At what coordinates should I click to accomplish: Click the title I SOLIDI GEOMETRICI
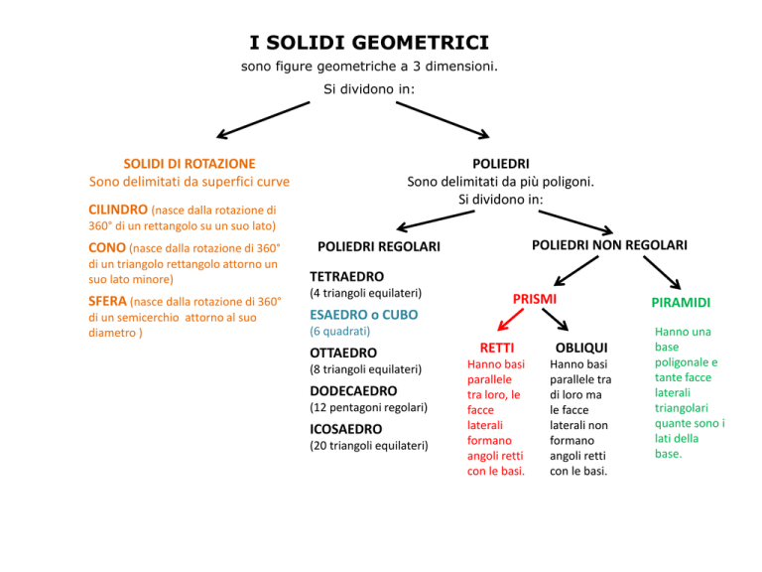click(x=369, y=43)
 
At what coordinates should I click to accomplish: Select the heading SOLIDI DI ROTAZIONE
click(x=190, y=164)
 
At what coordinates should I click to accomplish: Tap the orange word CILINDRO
click(x=118, y=210)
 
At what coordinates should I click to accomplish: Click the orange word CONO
click(x=107, y=247)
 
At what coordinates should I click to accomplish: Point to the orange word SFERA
click(x=107, y=301)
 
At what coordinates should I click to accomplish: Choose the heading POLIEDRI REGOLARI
click(x=379, y=246)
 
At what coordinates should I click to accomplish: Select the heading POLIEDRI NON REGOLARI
click(x=609, y=245)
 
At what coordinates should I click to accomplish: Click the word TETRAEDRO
click(x=347, y=277)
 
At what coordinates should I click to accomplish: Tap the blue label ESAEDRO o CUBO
click(x=364, y=315)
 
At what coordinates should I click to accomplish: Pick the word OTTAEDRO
click(x=343, y=353)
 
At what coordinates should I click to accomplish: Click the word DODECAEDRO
click(x=354, y=391)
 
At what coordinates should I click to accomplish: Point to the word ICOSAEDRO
click(x=346, y=429)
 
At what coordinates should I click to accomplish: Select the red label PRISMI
click(x=535, y=299)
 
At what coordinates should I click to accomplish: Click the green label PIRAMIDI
click(x=681, y=303)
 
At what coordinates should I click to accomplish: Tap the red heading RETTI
click(x=497, y=348)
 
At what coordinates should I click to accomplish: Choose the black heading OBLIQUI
click(x=581, y=348)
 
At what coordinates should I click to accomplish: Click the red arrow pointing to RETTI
click(x=511, y=320)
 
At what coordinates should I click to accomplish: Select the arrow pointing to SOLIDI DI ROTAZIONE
click(x=263, y=120)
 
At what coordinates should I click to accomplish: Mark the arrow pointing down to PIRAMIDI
click(x=662, y=273)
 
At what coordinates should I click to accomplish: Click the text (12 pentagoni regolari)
click(x=369, y=407)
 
